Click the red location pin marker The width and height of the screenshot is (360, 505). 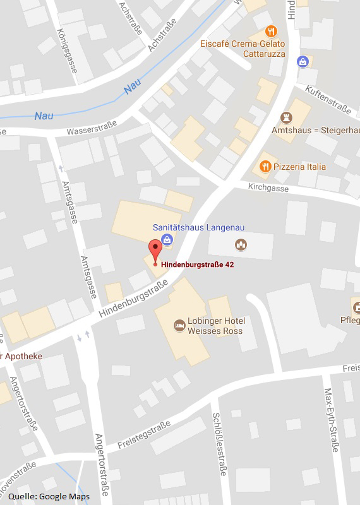pyautogui.click(x=155, y=251)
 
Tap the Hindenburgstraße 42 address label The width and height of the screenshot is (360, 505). pyautogui.click(x=198, y=264)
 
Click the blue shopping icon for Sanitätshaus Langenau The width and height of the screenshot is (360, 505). pyautogui.click(x=167, y=239)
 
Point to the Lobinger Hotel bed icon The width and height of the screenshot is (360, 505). pyautogui.click(x=179, y=326)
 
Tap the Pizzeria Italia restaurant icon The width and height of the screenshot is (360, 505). pyautogui.click(x=265, y=167)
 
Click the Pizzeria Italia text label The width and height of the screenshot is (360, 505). pyautogui.click(x=299, y=167)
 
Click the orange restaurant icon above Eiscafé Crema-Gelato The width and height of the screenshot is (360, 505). pyautogui.click(x=271, y=31)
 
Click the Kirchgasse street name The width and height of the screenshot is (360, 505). pyautogui.click(x=268, y=188)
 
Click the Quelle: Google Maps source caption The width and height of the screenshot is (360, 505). pyautogui.click(x=49, y=496)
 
